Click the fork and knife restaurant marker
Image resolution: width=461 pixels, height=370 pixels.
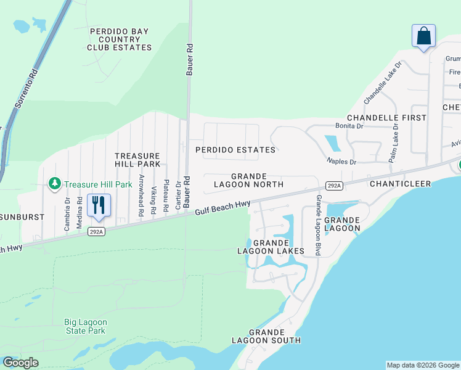click(x=99, y=205)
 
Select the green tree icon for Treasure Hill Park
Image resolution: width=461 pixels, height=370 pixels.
click(x=55, y=184)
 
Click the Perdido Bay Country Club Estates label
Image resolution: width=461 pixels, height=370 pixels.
click(x=120, y=39)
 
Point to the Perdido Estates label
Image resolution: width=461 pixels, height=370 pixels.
click(x=235, y=150)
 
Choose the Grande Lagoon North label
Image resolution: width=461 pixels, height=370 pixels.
click(x=248, y=180)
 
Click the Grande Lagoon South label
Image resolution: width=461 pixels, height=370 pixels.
click(x=266, y=336)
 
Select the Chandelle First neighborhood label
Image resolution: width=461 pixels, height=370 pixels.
click(x=386, y=117)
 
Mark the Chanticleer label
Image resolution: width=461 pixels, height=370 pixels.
click(x=394, y=184)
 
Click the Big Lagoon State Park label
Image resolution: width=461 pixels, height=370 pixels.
click(x=86, y=326)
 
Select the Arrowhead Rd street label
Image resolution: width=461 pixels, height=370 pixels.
click(x=141, y=195)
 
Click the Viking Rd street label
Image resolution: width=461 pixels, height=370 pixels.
click(x=153, y=200)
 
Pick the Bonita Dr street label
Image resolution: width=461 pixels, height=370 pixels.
click(x=349, y=126)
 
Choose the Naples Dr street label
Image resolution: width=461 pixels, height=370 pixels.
click(x=341, y=162)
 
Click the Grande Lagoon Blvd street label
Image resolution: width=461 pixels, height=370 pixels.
click(x=318, y=225)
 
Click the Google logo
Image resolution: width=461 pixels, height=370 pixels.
click(x=20, y=363)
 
